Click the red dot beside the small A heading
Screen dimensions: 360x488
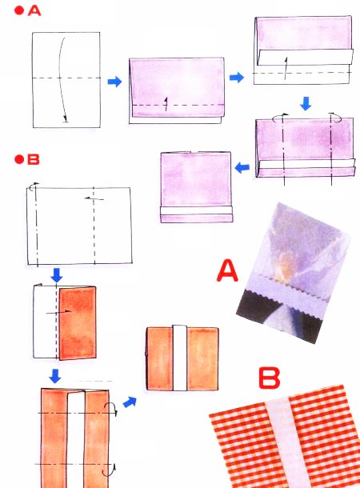[x=19, y=11]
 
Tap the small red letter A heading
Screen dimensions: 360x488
[x=34, y=11]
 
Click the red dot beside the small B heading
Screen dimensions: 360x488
[x=19, y=159]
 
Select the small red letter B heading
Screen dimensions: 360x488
[x=34, y=159]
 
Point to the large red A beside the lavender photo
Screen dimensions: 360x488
[x=227, y=271]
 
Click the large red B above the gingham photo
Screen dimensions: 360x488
[x=270, y=378]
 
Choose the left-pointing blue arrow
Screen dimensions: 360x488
[x=242, y=167]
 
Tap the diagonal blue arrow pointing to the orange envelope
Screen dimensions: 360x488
[x=130, y=402]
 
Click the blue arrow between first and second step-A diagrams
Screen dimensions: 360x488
[x=114, y=82]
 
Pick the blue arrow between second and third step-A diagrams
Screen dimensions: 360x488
[x=237, y=77]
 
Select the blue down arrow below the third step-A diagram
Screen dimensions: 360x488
[x=306, y=104]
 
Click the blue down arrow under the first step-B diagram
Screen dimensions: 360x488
[x=56, y=275]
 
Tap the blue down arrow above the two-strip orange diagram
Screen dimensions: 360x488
[x=55, y=376]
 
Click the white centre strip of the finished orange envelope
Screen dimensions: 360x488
[x=179, y=358]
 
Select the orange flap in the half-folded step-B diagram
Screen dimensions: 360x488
[x=78, y=323]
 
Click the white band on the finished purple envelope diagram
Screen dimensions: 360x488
[x=196, y=210]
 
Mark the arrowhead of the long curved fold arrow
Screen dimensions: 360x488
[x=66, y=119]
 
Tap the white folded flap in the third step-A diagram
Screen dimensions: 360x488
[x=306, y=58]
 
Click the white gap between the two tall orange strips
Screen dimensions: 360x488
[x=76, y=440]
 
